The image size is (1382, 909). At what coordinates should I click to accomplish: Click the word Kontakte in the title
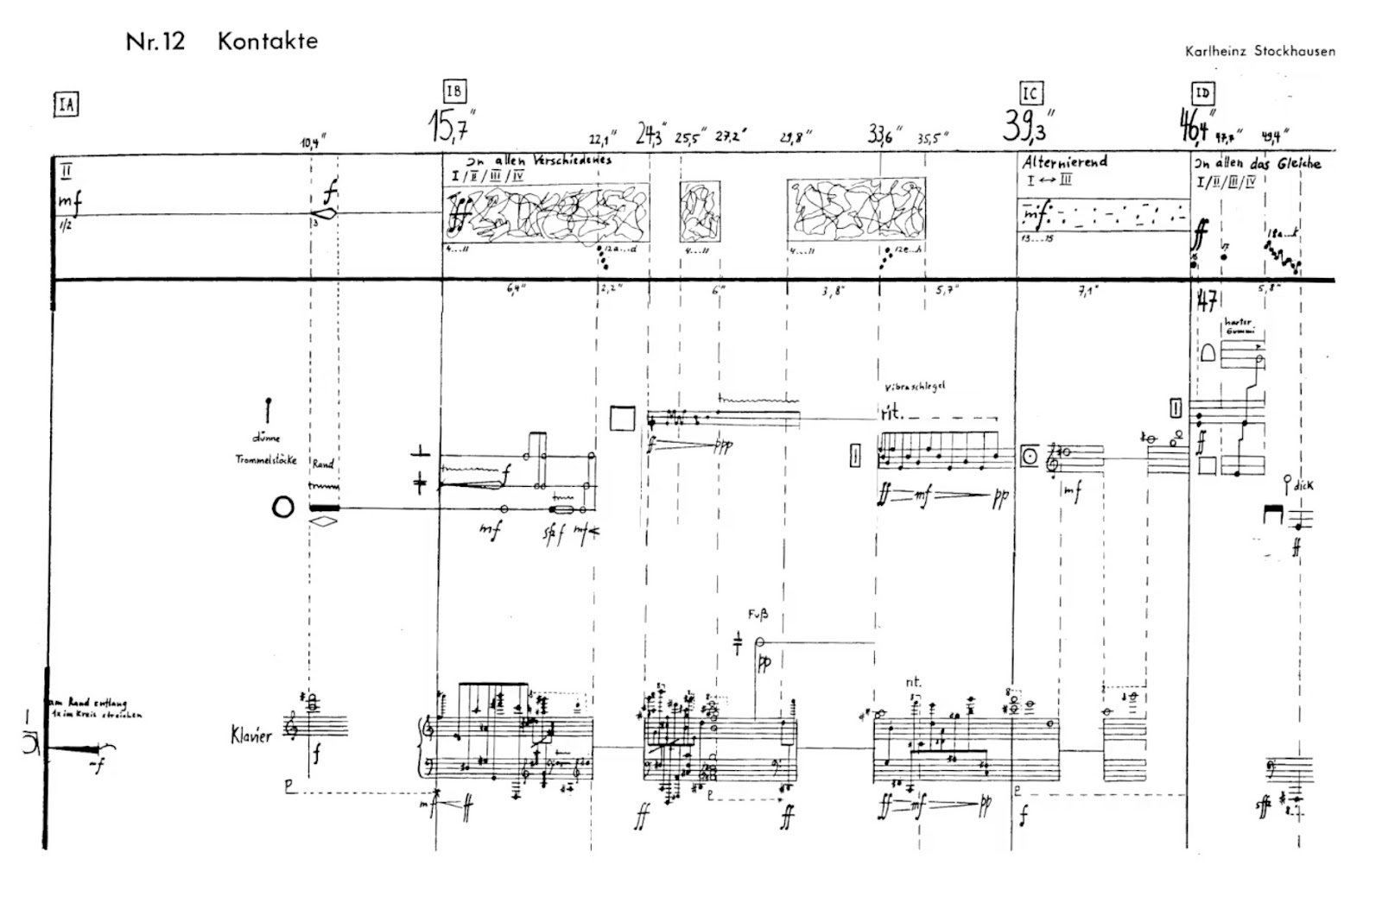click(267, 41)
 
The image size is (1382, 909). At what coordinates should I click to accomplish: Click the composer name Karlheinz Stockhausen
click(1260, 51)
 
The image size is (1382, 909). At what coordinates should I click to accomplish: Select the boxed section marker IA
click(66, 105)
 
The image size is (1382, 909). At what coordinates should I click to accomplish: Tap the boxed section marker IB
click(454, 92)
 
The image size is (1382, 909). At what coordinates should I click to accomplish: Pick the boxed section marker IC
click(1030, 92)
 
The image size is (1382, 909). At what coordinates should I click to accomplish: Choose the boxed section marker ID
click(1202, 92)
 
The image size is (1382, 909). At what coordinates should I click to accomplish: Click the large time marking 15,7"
click(453, 128)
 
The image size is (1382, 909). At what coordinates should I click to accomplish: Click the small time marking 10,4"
click(314, 142)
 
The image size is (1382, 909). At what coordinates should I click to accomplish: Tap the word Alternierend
click(1065, 161)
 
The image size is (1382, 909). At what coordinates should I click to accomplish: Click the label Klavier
click(251, 735)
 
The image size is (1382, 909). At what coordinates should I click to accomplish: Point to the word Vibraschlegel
click(914, 386)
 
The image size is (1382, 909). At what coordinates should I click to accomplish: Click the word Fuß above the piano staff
click(758, 615)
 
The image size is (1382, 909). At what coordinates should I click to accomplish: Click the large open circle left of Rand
click(282, 507)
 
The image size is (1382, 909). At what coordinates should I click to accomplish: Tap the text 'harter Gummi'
click(1238, 325)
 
